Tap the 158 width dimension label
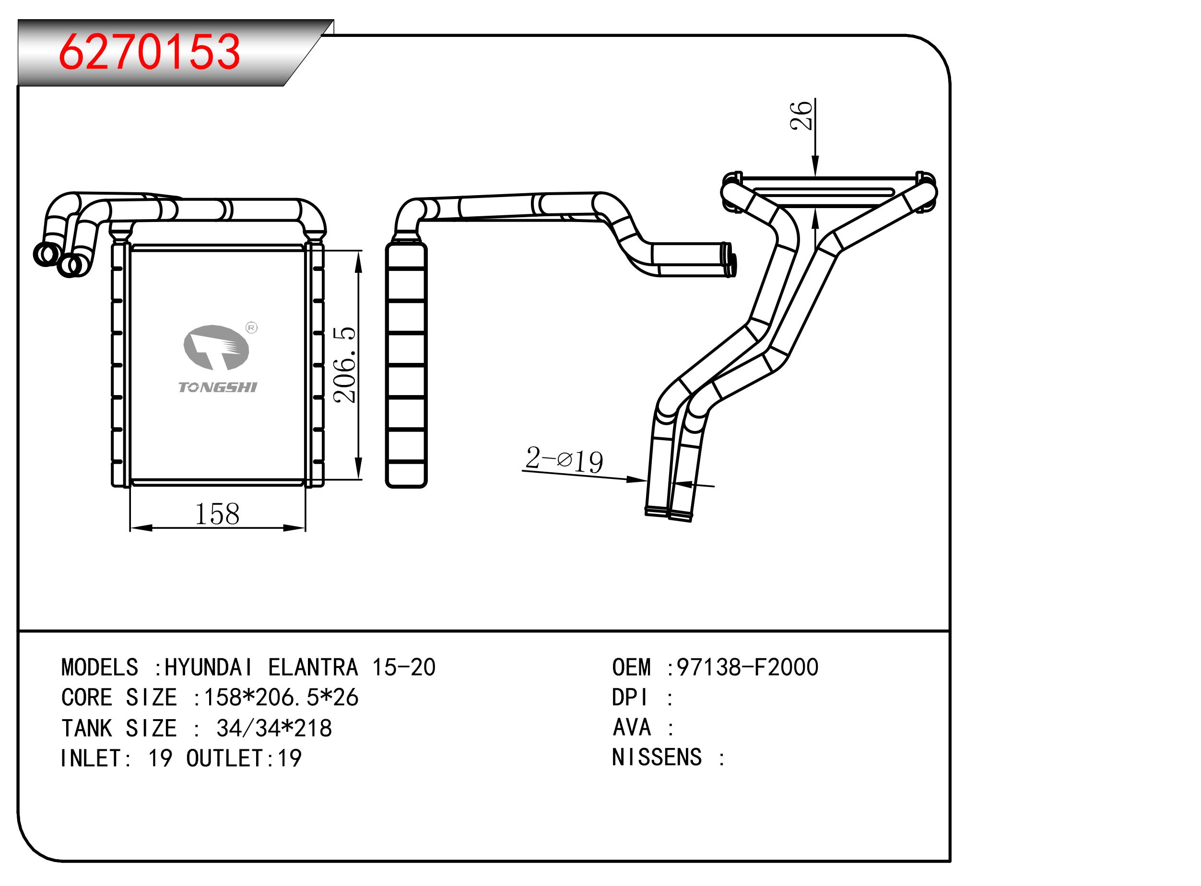(217, 514)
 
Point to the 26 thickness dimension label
(801, 115)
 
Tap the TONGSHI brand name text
(218, 387)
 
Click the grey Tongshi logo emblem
(216, 348)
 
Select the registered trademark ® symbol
(251, 327)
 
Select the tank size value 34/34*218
(274, 728)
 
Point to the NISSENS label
(657, 758)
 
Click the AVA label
(632, 728)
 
